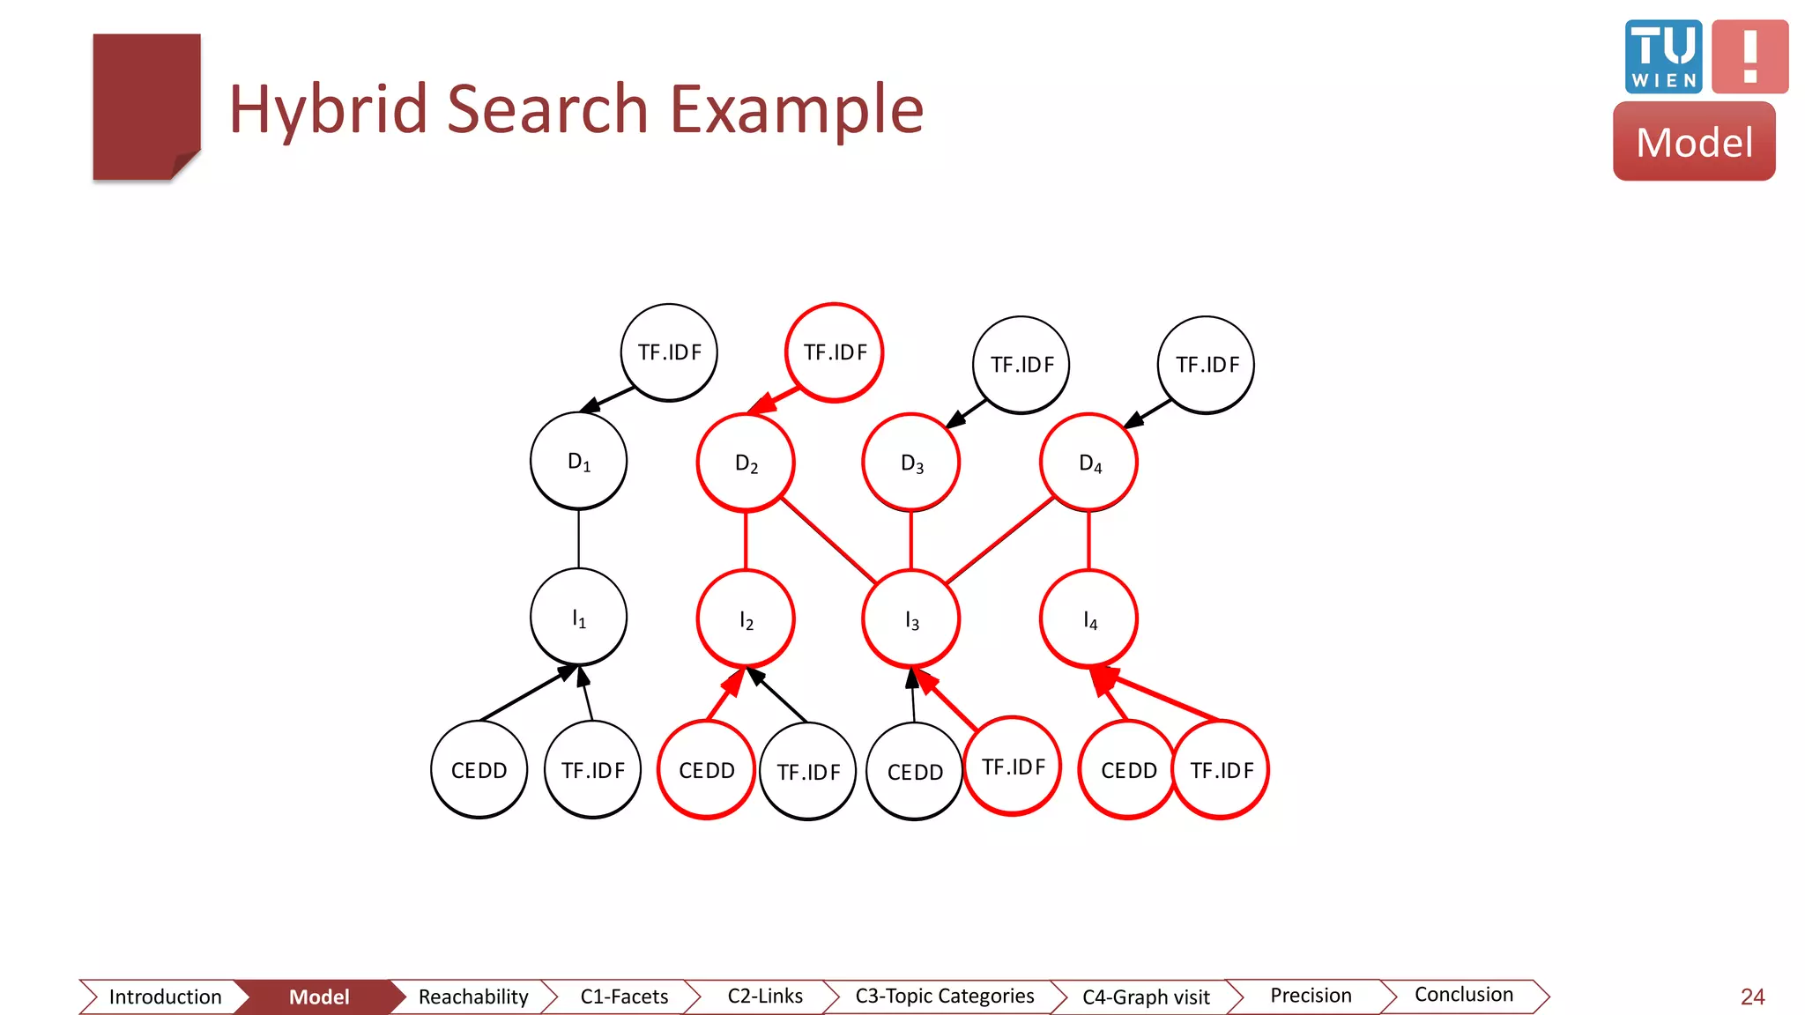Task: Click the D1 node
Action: click(x=578, y=461)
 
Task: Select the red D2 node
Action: click(x=746, y=463)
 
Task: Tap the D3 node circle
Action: click(x=910, y=463)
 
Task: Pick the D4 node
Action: click(x=1088, y=463)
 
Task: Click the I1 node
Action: click(x=578, y=617)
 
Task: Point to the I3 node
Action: click(x=910, y=619)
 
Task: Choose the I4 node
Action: click(x=1088, y=619)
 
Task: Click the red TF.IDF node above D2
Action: click(x=834, y=352)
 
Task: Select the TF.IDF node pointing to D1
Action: click(x=669, y=352)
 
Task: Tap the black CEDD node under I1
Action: click(x=479, y=770)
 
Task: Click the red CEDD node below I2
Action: click(x=706, y=770)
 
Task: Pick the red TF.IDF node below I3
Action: click(x=1012, y=767)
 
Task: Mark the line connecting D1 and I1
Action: click(x=578, y=538)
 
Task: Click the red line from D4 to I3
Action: click(x=999, y=540)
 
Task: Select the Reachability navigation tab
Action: click(x=472, y=996)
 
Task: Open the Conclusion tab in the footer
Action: click(x=1463, y=995)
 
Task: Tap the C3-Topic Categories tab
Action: click(x=944, y=996)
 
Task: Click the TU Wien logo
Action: click(x=1663, y=56)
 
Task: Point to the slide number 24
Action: click(x=1752, y=996)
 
